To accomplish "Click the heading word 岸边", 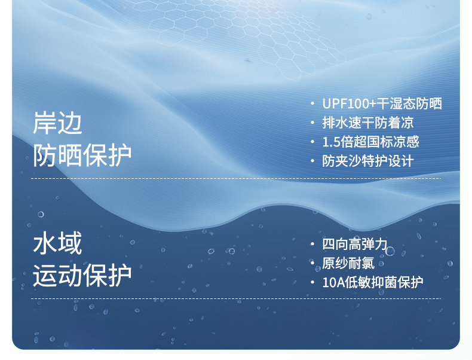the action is [57, 123].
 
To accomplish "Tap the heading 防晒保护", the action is [82, 155].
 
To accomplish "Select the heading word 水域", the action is [57, 243].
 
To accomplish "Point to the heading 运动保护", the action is [82, 275].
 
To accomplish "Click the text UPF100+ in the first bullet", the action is [349, 103].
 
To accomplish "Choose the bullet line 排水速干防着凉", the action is [368, 123].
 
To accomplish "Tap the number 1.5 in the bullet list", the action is [332, 142].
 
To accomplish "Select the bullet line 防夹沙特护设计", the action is [368, 161].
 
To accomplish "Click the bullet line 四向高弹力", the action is [355, 244].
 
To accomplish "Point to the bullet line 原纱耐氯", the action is [348, 263].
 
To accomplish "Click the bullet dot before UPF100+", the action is [312, 103].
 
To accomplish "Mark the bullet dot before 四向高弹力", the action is [312, 244].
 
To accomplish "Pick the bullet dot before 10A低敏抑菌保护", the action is [312, 282].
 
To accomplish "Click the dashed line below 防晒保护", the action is [236, 178].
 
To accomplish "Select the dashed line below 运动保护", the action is [236, 299].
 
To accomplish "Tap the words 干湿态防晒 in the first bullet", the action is [409, 103].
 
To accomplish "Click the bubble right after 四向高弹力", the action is [390, 251].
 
